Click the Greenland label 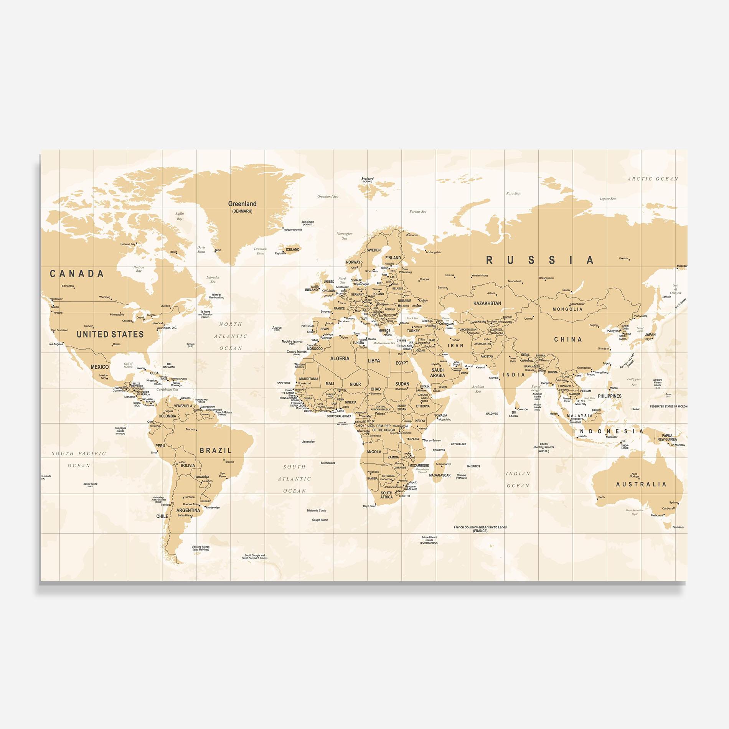242,204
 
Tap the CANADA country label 77,274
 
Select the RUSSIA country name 540,260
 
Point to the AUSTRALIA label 641,484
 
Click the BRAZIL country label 216,450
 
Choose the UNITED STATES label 110,334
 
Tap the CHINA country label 568,340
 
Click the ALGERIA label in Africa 340,358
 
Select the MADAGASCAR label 440,475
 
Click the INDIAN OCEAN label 518,480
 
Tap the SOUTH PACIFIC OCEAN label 79,459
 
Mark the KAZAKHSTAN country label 487,303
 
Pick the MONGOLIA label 567,309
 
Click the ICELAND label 292,249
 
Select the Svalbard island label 367,179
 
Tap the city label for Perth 601,497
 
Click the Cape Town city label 369,506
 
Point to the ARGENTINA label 188,510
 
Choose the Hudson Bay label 139,269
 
